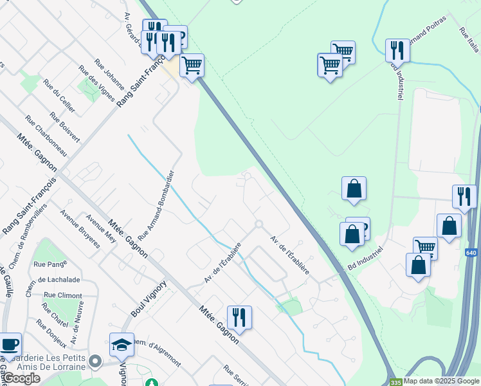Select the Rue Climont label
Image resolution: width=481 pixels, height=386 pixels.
(62, 295)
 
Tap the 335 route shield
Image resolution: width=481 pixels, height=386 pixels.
(395, 381)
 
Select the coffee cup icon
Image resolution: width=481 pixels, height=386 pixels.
(9, 344)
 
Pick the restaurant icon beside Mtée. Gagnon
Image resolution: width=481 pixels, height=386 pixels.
(239, 317)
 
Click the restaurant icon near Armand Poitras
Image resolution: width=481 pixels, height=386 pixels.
(397, 51)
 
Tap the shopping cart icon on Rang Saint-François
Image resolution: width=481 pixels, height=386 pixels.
(191, 65)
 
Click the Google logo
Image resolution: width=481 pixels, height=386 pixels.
(21, 379)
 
